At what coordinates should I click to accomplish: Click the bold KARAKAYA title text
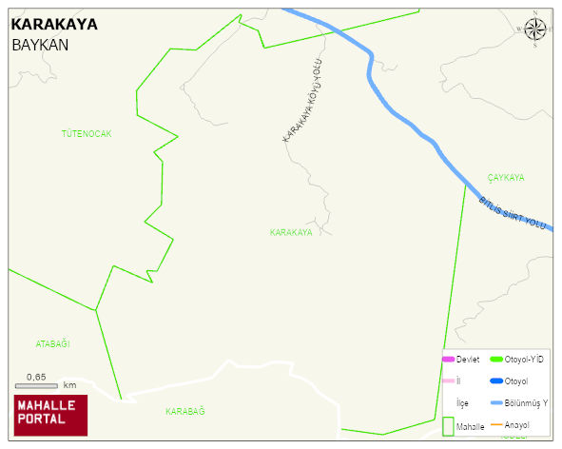coord(53,25)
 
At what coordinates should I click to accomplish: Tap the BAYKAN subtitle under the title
coord(40,45)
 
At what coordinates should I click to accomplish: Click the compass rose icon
coord(536,29)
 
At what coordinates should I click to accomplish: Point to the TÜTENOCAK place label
coord(87,134)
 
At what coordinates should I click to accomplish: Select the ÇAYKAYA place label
coord(506,178)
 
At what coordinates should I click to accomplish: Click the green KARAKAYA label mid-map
coord(291,232)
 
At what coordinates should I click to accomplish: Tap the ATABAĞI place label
coord(53,343)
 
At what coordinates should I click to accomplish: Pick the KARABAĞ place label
coord(185,411)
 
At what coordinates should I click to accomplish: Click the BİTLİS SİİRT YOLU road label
coord(514,213)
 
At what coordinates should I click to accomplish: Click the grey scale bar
coord(37,385)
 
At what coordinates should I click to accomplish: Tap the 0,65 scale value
coord(36,377)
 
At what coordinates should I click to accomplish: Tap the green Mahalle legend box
coord(448,427)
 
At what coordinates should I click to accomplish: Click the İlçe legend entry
coord(462,403)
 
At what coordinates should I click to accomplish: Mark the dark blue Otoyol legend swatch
coord(495,381)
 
